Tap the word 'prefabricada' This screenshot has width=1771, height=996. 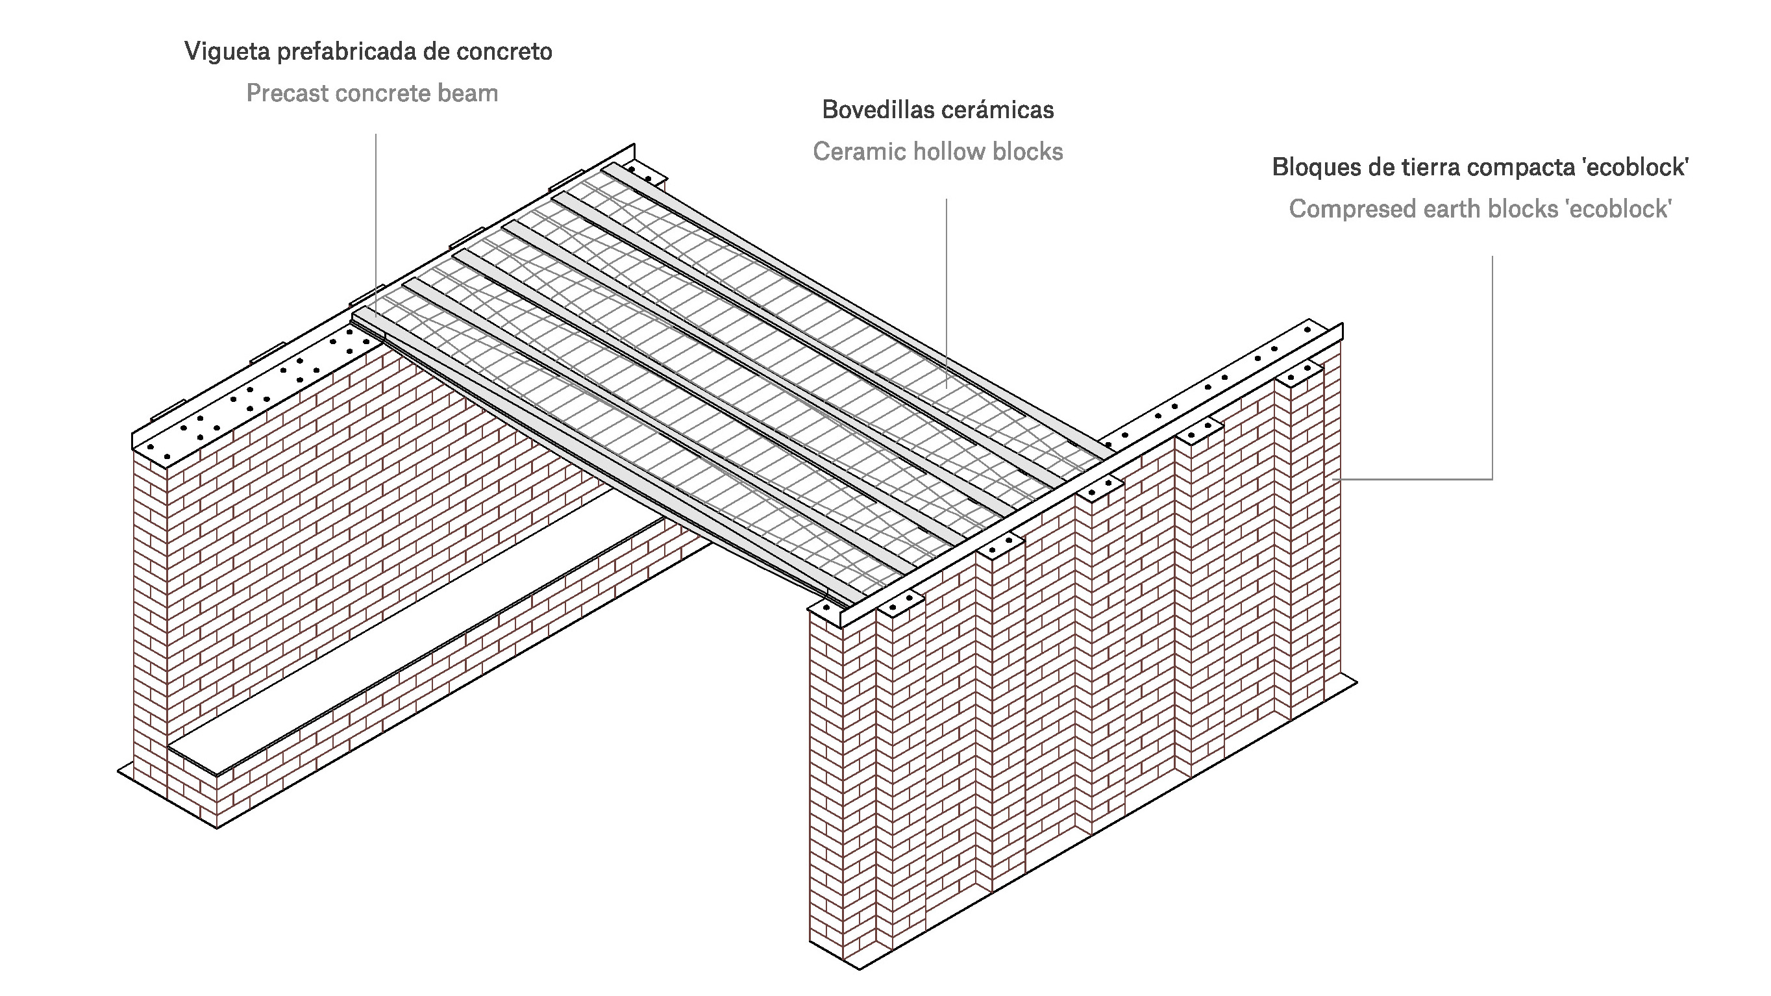[347, 51]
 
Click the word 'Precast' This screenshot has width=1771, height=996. [287, 93]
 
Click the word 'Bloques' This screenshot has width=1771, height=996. [1315, 167]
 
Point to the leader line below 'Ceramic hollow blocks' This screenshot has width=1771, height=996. [946, 294]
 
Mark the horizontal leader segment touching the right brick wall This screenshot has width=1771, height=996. [1413, 479]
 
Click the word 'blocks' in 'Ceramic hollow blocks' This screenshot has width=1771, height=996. [1028, 151]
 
